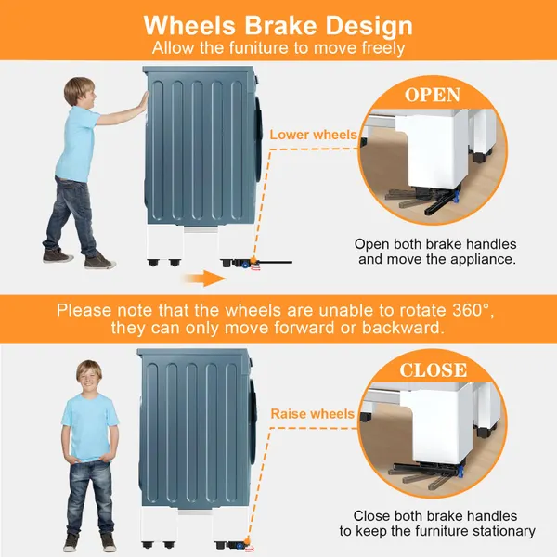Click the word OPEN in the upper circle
[x=433, y=95]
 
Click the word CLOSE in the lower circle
[x=433, y=370]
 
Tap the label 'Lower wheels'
[x=313, y=135]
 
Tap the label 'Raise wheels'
[x=312, y=414]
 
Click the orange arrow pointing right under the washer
[x=204, y=278]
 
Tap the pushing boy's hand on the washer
[x=144, y=102]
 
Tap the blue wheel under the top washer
[x=245, y=265]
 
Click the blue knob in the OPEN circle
[x=456, y=196]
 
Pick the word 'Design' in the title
[x=369, y=26]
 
